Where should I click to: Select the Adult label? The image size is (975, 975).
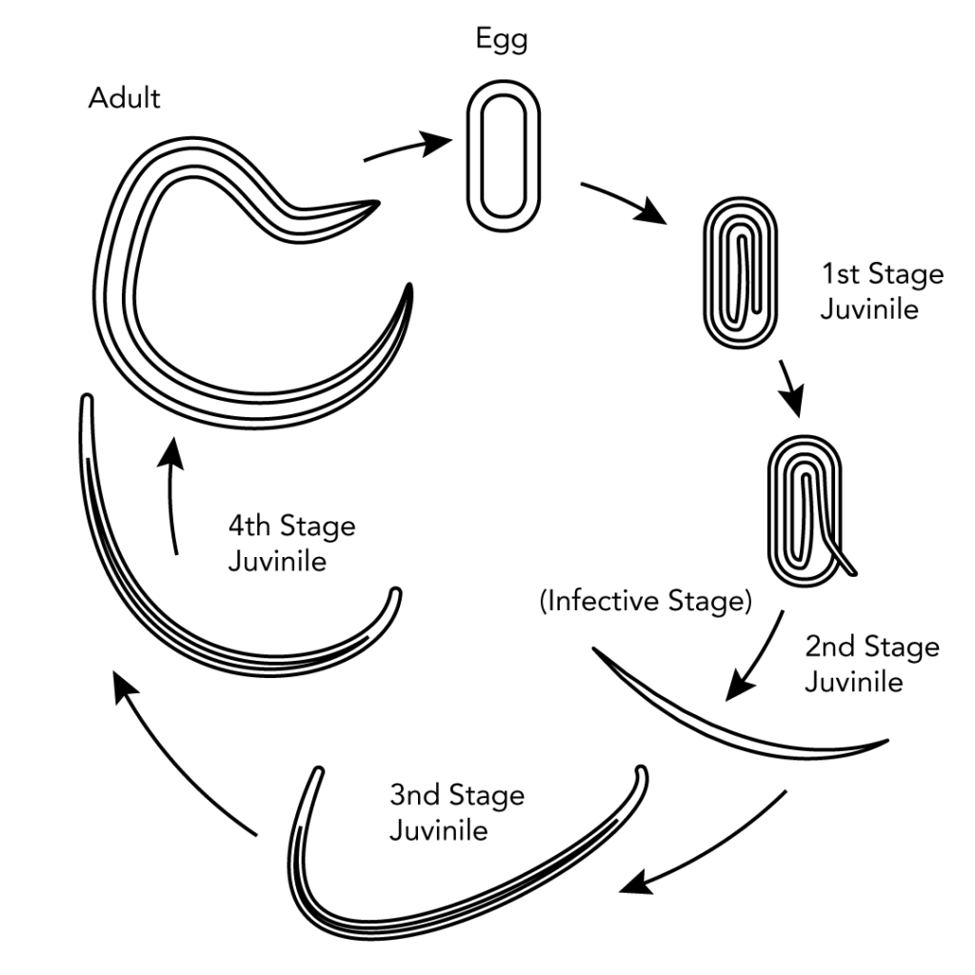pyautogui.click(x=124, y=98)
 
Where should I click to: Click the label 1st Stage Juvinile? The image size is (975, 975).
pyautogui.click(x=883, y=291)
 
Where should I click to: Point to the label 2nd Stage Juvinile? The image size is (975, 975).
pyautogui.click(x=871, y=664)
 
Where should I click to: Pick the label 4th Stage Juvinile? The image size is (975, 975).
pyautogui.click(x=290, y=543)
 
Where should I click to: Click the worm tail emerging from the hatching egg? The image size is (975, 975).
pyautogui.click(x=845, y=562)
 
